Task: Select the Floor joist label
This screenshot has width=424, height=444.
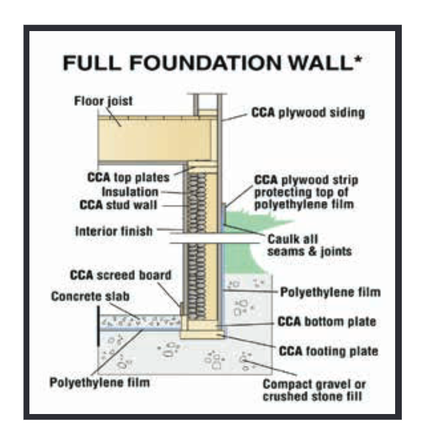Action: (104, 102)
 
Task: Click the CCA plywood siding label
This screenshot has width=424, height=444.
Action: (308, 113)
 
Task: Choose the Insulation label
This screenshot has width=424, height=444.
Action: (130, 191)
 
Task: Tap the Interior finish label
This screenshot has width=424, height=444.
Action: (114, 231)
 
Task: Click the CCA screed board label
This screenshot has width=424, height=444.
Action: (120, 276)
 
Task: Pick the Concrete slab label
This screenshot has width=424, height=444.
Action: (91, 296)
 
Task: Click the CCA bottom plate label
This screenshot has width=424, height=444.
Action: (326, 321)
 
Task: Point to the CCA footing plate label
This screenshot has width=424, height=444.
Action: (327, 351)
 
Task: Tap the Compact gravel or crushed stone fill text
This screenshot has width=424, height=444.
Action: (314, 390)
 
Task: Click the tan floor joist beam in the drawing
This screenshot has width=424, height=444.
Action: (155, 139)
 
